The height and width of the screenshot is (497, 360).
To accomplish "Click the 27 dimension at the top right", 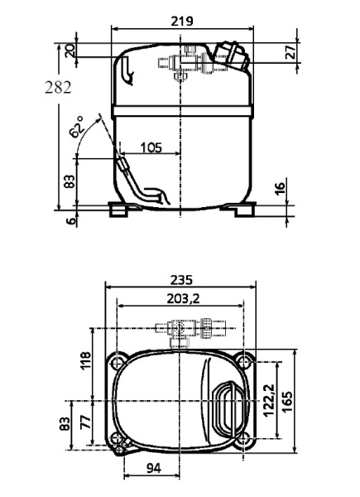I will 290,51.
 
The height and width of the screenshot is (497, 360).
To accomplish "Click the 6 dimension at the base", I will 70,220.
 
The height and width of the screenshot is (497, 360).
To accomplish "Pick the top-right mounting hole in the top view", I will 243,362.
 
